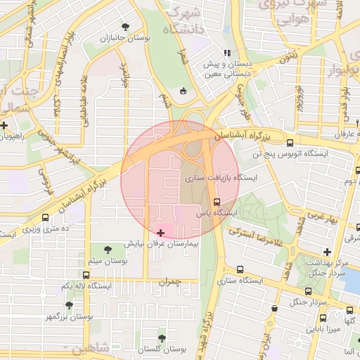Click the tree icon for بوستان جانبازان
click(x=125, y=26)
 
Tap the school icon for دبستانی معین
click(x=226, y=53)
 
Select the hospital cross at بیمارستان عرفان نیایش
click(x=161, y=232)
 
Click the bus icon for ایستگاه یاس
click(x=216, y=202)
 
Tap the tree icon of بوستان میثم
click(x=108, y=250)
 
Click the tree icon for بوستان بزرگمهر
click(x=68, y=305)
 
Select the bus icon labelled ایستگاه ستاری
click(x=240, y=269)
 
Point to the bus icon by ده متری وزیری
click(x=46, y=218)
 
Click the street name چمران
click(x=169, y=281)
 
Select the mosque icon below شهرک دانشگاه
click(x=184, y=90)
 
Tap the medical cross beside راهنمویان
click(x=5, y=126)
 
